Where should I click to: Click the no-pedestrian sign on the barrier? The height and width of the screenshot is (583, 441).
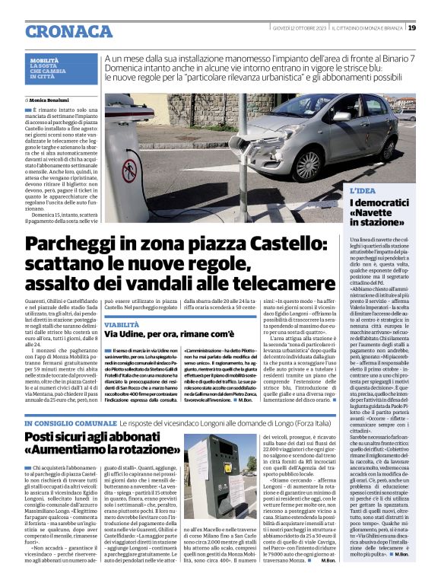point(129,170)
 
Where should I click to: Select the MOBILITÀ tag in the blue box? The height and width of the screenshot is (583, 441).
point(44,59)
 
